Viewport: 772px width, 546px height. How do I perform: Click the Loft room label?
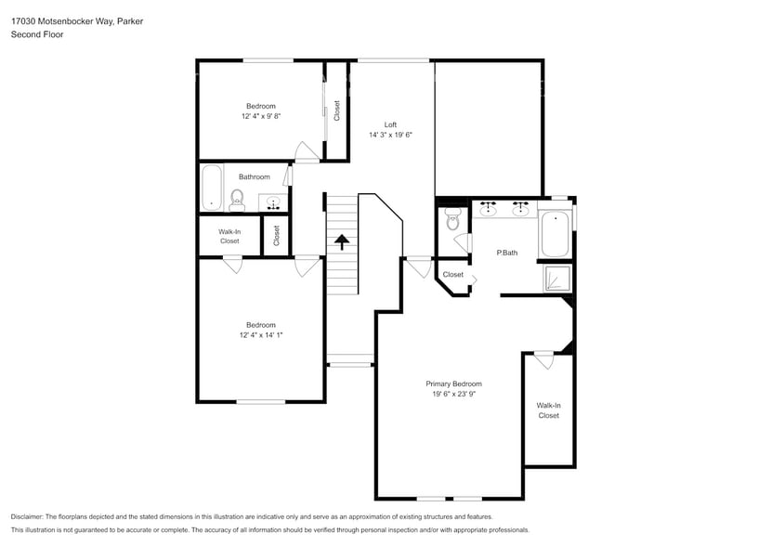[390, 124]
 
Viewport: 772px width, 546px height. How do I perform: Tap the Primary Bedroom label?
[453, 383]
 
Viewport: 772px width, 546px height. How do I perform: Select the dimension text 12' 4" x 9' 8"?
[260, 117]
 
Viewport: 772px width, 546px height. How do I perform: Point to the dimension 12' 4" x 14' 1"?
[260, 335]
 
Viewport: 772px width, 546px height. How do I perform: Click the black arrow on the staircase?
[341, 242]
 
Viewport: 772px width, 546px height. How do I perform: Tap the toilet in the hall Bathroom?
[236, 198]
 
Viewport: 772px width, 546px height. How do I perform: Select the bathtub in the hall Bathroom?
[211, 187]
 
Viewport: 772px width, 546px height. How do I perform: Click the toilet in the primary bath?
[452, 219]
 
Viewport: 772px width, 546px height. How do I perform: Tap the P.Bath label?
[506, 253]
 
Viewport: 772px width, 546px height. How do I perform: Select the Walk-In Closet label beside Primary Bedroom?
[548, 410]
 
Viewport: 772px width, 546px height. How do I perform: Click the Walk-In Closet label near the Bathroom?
[229, 236]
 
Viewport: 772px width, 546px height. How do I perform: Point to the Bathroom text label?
[254, 176]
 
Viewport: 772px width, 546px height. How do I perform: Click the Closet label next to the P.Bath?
[452, 275]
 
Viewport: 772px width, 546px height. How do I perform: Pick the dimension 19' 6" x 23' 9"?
[453, 394]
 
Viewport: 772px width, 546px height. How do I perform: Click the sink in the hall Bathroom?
[274, 201]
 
